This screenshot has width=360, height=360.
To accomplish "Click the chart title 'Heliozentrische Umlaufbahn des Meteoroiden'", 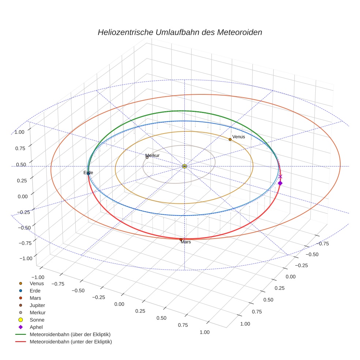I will [180, 32].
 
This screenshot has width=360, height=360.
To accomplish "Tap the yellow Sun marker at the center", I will [184, 166].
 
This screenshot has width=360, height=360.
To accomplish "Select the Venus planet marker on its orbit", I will [230, 139].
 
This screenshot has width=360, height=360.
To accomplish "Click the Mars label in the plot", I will [186, 242].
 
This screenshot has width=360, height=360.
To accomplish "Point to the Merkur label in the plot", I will [153, 155].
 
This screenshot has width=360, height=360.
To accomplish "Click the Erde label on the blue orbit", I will [88, 172].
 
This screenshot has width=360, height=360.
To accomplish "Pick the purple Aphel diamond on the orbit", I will [280, 183].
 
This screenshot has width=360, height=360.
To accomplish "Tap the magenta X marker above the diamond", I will [280, 176].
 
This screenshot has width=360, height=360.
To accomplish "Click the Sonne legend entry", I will [37, 320].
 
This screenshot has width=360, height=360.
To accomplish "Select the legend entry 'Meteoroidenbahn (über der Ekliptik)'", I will [70, 334].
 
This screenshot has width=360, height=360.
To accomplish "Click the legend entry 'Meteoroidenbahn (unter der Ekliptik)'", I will [71, 342].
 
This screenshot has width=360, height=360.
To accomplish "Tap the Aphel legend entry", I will [36, 327].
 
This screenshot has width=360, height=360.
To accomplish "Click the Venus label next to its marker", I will [239, 137].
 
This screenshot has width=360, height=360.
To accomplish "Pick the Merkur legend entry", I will [37, 312].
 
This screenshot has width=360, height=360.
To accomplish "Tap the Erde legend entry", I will [35, 290].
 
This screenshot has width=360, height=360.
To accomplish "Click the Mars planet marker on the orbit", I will [181, 239].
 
